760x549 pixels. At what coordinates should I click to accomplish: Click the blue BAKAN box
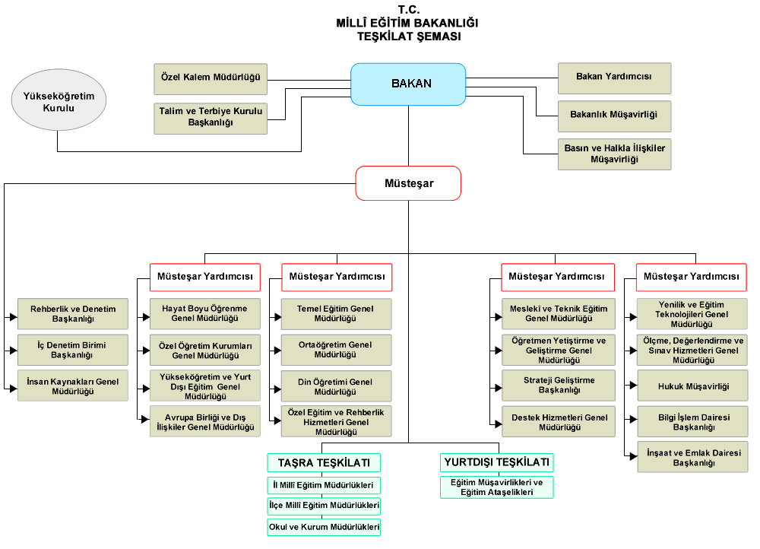coord(408,84)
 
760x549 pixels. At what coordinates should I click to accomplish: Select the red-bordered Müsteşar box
coord(408,183)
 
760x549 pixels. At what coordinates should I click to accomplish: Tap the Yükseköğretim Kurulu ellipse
coord(59,102)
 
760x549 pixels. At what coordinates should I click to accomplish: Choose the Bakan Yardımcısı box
coord(614,78)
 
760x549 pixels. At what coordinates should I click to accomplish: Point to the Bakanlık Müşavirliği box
coord(614,116)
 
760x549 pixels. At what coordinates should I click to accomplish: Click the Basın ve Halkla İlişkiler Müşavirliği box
coord(614,154)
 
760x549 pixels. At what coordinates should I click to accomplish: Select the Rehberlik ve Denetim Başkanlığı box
coord(73,314)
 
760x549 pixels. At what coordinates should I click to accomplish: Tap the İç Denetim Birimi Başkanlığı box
coord(73,350)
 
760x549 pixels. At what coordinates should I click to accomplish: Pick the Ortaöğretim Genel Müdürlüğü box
coord(336,350)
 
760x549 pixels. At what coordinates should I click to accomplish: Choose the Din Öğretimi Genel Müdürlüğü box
coord(336,386)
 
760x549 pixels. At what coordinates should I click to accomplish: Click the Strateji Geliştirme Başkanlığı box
coord(559,386)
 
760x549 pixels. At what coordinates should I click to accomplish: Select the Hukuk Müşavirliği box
coord(692,386)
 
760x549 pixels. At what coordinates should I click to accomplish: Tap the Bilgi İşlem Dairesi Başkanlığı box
coord(692,422)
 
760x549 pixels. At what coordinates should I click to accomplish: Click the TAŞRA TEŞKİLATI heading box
coord(324,462)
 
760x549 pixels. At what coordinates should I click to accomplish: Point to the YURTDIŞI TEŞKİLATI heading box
coord(496,462)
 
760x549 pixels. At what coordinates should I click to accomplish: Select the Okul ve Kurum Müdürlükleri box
coord(324,526)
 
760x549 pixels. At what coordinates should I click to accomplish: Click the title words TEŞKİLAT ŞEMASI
coord(408,36)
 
